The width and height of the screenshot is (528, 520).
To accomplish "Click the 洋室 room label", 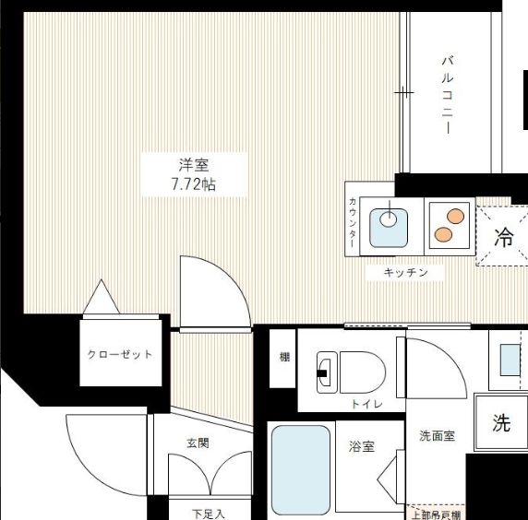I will (194, 165).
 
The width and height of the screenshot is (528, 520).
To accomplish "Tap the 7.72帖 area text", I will (194, 183).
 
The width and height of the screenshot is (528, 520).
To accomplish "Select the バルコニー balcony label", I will (447, 95).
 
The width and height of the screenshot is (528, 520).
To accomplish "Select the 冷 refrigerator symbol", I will (503, 237).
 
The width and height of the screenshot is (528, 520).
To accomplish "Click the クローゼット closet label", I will (120, 354).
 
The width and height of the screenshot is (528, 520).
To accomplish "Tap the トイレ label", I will (362, 404).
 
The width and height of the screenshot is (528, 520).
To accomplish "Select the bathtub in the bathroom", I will (301, 469).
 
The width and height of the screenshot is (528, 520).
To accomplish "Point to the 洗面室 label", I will (437, 436).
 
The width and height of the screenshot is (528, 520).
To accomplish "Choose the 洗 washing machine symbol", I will (500, 423).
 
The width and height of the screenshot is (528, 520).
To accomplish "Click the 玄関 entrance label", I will (197, 443).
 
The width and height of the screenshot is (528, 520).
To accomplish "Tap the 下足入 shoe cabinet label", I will (208, 513).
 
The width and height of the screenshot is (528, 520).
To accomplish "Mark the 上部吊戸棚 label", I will (438, 514).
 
